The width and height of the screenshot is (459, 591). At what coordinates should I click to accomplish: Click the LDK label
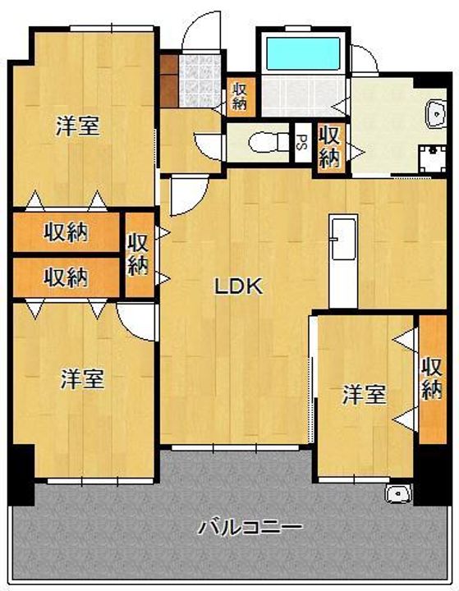click(x=238, y=286)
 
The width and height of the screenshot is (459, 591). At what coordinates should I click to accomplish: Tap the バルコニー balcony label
click(x=250, y=526)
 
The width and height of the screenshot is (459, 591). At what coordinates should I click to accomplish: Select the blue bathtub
click(x=304, y=53)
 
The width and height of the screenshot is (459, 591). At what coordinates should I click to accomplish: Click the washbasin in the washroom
click(x=436, y=113)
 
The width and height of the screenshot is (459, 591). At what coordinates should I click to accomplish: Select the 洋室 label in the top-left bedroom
click(x=78, y=126)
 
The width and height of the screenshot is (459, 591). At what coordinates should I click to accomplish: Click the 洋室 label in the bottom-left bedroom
click(x=82, y=379)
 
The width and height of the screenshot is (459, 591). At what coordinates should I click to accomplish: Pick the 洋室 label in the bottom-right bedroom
click(x=364, y=395)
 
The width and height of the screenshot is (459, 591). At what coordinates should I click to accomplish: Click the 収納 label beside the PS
click(x=330, y=147)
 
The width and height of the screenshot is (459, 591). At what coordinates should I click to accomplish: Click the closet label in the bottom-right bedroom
click(x=432, y=378)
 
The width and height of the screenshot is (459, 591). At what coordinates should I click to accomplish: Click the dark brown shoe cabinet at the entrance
click(x=168, y=81)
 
